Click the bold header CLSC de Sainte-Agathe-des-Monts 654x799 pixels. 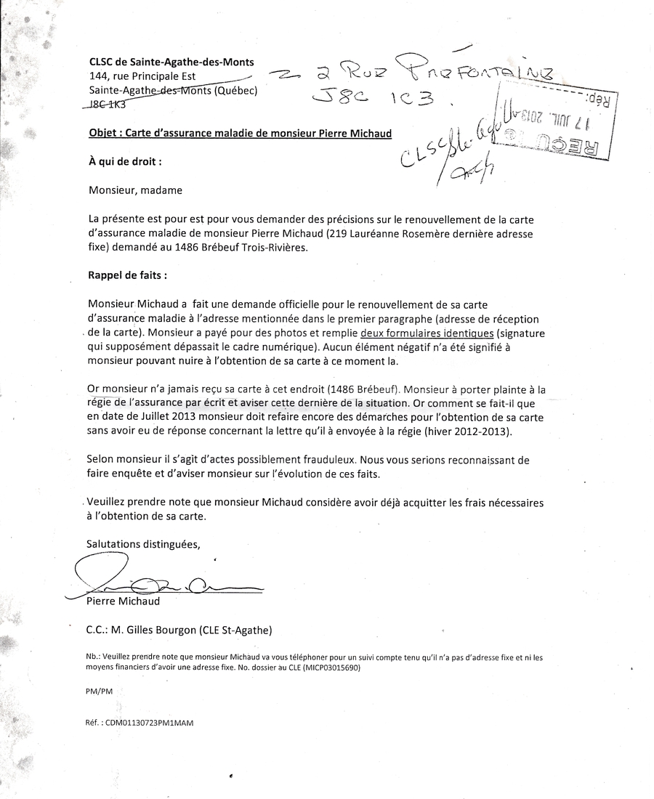click(x=171, y=62)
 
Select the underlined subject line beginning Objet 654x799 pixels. click(x=240, y=134)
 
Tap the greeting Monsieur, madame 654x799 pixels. click(x=135, y=190)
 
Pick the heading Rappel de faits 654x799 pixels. click(x=127, y=276)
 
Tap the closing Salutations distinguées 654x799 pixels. click(x=142, y=543)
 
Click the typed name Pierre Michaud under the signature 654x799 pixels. click(x=123, y=601)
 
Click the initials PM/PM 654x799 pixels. click(x=99, y=693)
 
